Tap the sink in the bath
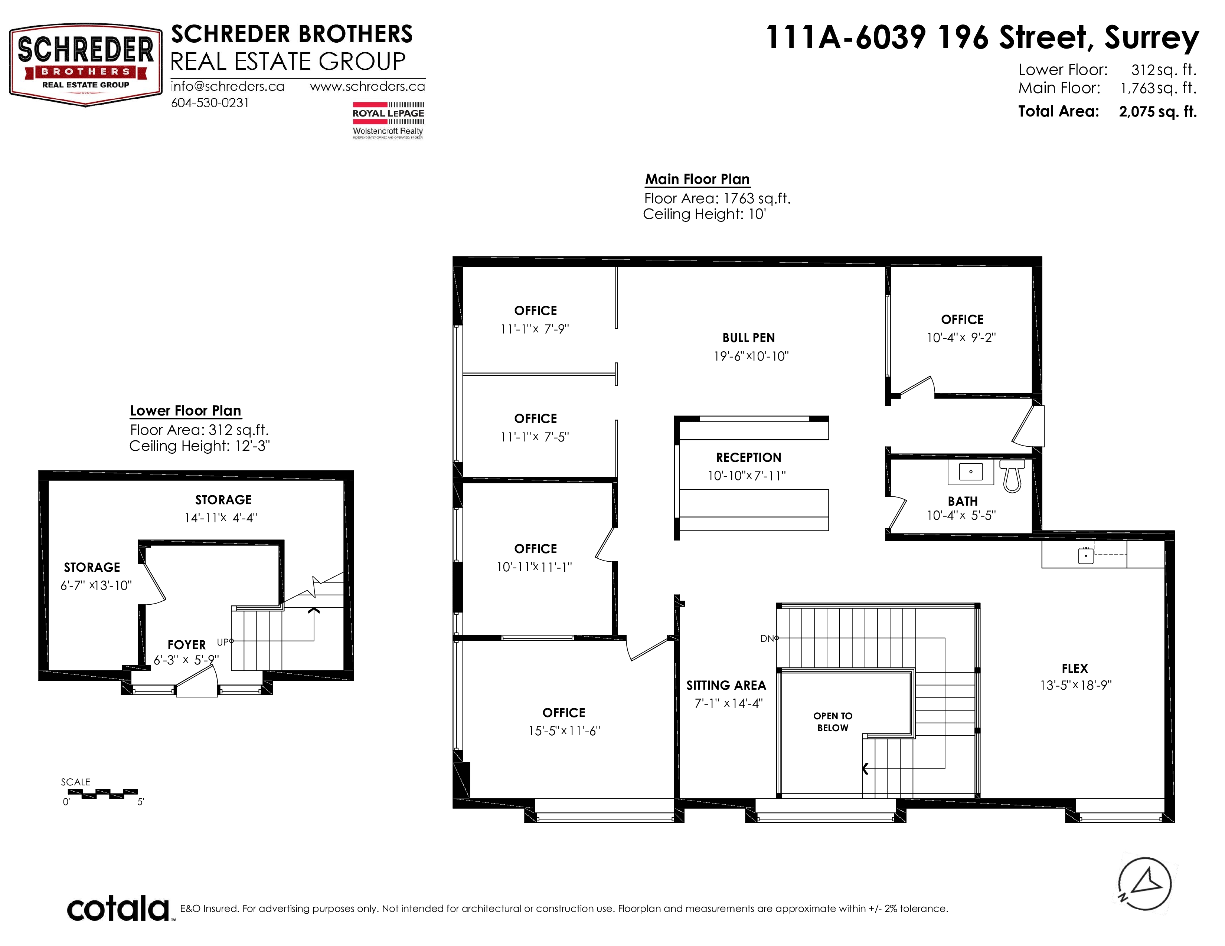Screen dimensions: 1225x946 pos(970,472)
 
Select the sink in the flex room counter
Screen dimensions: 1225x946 pos(1086,555)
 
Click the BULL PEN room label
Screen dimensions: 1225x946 pos(749,338)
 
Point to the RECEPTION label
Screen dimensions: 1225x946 pos(748,458)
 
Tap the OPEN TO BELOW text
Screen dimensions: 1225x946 pos(833,722)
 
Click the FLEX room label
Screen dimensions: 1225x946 pos(1075,669)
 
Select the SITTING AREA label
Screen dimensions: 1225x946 pos(726,686)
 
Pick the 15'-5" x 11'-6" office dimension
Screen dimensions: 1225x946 pos(564,731)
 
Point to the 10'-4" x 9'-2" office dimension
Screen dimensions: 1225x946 pos(961,337)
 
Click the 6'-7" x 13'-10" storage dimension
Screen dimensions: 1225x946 pos(96,586)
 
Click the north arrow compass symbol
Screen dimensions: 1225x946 pos(1145,884)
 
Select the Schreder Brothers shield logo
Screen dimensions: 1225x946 pos(86,65)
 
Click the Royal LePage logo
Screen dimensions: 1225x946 pos(388,120)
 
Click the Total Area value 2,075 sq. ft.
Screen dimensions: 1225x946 pos(1158,112)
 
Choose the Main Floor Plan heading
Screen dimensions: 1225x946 pos(697,179)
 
